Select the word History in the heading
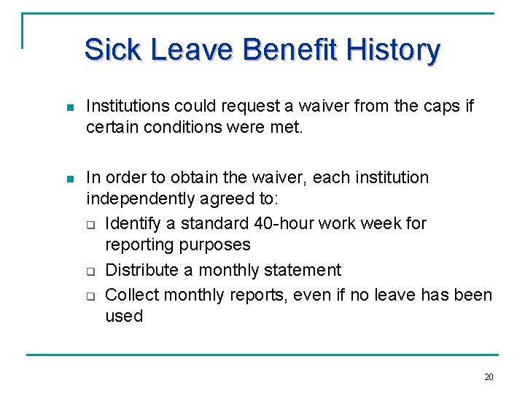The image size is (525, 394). [394, 50]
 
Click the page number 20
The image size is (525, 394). [489, 377]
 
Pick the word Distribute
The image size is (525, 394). [143, 271]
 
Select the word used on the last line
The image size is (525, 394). [124, 317]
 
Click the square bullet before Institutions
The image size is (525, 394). [70, 107]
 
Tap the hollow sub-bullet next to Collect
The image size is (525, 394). [92, 295]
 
